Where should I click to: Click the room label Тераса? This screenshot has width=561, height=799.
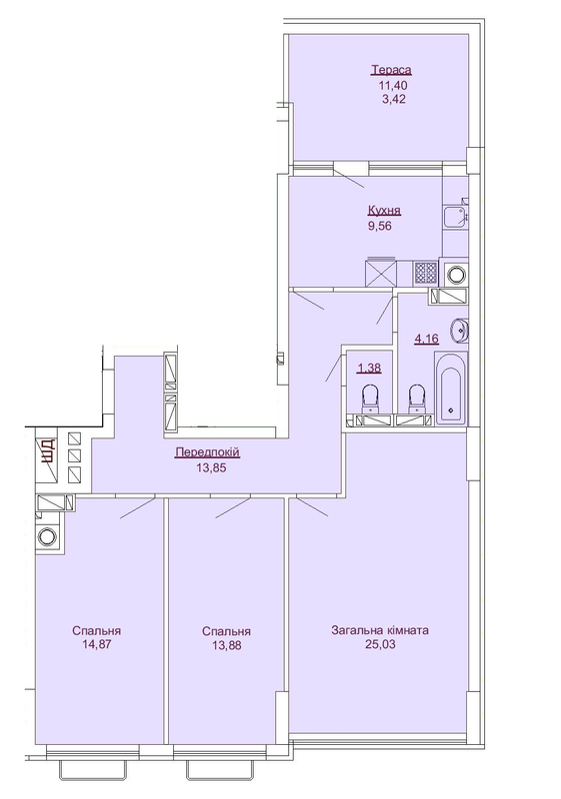(391, 70)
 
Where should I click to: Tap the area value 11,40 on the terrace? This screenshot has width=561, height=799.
(391, 85)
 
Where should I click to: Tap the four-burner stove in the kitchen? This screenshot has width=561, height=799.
(426, 272)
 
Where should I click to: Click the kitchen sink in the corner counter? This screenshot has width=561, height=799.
(454, 212)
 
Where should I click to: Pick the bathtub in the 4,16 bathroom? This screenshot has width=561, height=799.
(451, 390)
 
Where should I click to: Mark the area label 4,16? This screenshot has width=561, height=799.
(426, 339)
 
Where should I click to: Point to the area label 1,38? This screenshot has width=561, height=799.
(368, 368)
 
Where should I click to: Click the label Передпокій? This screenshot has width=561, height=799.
(207, 452)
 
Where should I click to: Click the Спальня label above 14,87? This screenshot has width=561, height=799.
(97, 631)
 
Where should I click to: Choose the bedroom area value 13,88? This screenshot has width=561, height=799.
(225, 646)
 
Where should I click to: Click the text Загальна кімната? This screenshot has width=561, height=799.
(380, 631)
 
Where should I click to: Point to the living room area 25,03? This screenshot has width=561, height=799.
(380, 646)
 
